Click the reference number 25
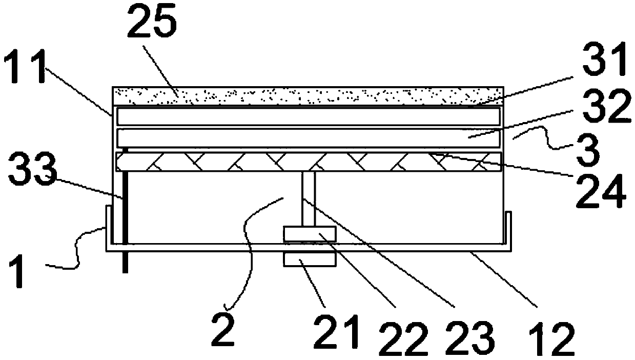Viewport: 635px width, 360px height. (x=152, y=24)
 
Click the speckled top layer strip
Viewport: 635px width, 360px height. (x=308, y=95)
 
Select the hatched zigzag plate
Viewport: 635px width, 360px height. (x=308, y=162)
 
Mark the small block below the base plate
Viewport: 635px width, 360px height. (x=310, y=259)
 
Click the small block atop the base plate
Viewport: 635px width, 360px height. (x=310, y=235)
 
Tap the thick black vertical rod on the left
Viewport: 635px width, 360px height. (x=125, y=221)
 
